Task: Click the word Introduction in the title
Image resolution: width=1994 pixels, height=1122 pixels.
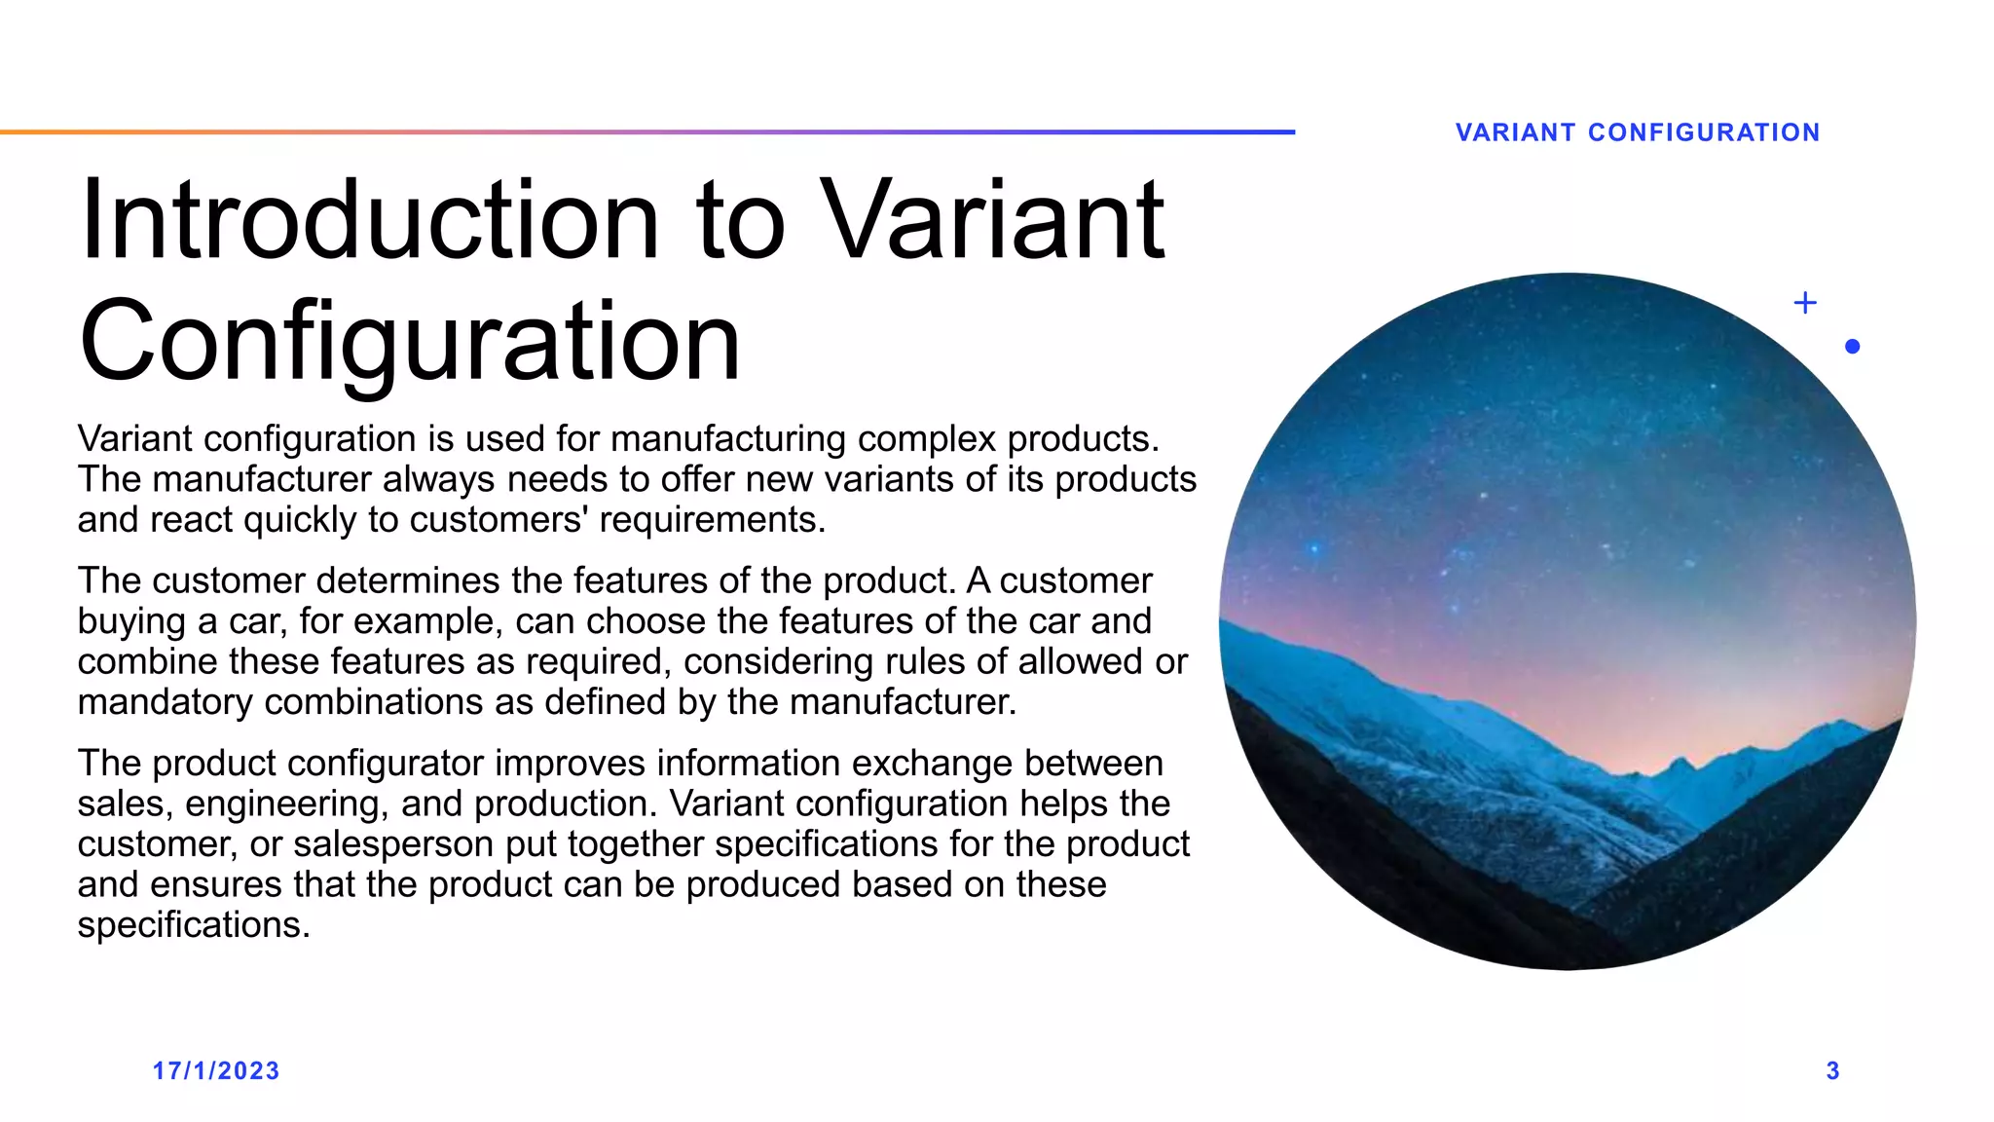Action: click(370, 221)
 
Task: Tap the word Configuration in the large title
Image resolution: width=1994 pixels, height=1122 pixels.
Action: click(410, 342)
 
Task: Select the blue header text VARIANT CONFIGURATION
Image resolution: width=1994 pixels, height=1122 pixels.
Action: click(1637, 132)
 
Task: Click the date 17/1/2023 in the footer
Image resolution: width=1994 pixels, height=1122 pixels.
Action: click(216, 1070)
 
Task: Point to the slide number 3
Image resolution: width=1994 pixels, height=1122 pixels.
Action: click(1832, 1070)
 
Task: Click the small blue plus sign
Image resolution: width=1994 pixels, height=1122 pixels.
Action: click(1804, 303)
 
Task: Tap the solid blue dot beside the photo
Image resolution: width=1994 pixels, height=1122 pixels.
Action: click(1852, 346)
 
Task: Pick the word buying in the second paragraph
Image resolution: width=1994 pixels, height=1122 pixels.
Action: click(132, 621)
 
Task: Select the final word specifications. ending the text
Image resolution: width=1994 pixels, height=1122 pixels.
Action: click(194, 925)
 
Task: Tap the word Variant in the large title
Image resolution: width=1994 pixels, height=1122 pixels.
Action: click(994, 221)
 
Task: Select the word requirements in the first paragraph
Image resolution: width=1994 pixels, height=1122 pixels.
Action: click(711, 520)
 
